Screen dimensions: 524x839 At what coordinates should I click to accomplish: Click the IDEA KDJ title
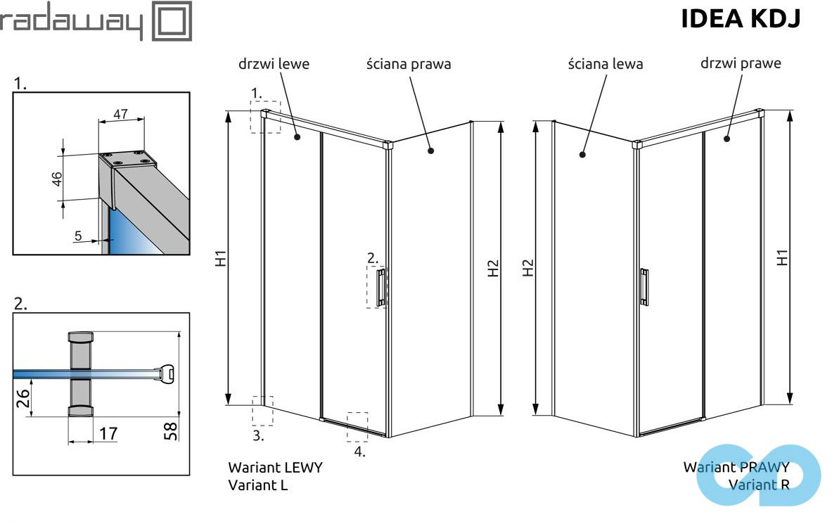741,20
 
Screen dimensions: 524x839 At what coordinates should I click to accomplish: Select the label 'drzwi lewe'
274,64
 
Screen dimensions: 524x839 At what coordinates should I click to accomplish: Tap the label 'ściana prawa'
408,64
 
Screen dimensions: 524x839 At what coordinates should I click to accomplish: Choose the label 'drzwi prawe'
741,63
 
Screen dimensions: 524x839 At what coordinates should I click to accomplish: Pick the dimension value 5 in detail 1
78,236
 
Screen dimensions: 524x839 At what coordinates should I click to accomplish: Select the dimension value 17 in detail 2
107,433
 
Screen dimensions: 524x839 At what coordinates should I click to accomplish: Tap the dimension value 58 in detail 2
172,429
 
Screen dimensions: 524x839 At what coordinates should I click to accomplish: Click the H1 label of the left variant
220,258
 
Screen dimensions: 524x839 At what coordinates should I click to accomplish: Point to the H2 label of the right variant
528,267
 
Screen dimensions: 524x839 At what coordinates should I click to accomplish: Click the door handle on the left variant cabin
380,287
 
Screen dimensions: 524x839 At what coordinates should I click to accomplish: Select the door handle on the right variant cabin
643,287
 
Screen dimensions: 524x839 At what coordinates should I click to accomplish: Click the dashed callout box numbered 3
262,411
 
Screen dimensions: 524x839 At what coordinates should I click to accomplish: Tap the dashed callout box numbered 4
357,427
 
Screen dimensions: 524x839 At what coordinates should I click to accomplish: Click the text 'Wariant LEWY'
275,467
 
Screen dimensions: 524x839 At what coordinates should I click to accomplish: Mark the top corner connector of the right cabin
637,145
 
